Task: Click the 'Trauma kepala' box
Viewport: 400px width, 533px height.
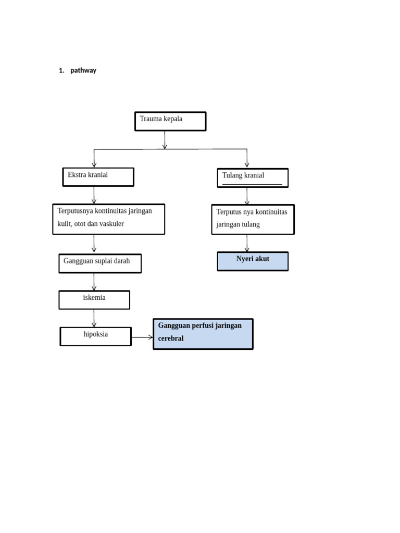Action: point(170,121)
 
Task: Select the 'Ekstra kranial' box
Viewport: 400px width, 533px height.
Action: point(98,177)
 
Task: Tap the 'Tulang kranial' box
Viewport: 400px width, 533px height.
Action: point(253,177)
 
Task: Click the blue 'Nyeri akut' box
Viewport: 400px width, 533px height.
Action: point(253,261)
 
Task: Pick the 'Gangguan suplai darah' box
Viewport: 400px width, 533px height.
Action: point(100,263)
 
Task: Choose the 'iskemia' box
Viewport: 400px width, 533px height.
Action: point(94,300)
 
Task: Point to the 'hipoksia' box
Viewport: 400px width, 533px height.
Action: point(96,336)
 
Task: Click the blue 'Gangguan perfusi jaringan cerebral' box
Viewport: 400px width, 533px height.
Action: point(203,334)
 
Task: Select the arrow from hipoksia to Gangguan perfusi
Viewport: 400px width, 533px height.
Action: point(142,337)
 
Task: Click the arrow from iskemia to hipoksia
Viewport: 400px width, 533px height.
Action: point(94,318)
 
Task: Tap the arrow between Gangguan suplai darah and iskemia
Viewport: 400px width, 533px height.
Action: point(94,282)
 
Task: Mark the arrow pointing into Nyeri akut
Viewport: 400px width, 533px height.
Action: point(247,244)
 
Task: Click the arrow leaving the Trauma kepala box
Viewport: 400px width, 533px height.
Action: point(165,139)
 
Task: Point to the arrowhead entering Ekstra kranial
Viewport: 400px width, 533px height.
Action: point(94,164)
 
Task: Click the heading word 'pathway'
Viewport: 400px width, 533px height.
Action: point(83,70)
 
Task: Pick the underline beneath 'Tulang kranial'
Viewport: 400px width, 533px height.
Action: point(252,184)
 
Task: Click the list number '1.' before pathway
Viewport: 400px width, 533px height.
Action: point(61,70)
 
